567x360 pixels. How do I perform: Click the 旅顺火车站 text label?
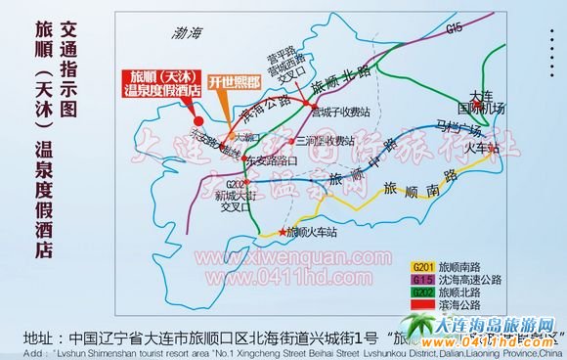pos(315,233)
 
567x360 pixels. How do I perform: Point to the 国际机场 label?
pos(481,109)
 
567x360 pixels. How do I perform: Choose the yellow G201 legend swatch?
pos(422,265)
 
